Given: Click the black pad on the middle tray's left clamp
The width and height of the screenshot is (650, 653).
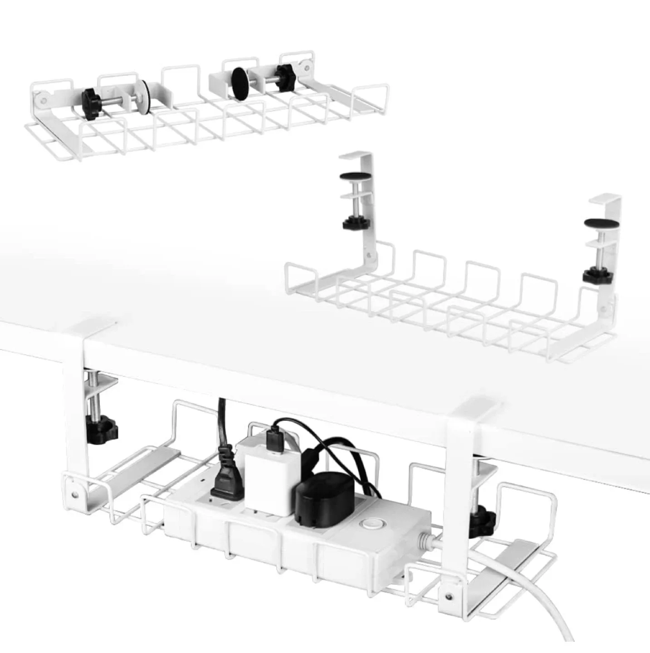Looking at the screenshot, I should pyautogui.click(x=356, y=177).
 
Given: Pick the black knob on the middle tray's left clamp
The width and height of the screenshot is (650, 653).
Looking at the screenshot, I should pyautogui.click(x=356, y=223).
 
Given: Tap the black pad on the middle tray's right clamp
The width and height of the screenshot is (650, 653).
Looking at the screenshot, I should pyautogui.click(x=601, y=223).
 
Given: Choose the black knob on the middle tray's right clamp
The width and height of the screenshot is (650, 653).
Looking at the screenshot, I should pyautogui.click(x=598, y=275).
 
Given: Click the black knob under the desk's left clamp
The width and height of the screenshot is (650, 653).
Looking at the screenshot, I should pyautogui.click(x=101, y=429).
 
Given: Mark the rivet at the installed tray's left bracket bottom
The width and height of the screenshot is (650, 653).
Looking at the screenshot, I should pyautogui.click(x=73, y=491).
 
